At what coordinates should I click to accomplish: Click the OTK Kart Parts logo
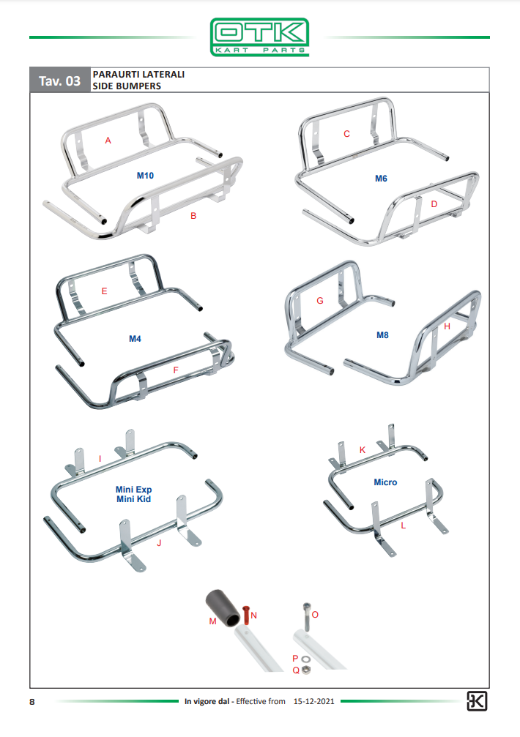[259, 37]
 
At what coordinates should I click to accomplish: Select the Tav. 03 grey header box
[60, 81]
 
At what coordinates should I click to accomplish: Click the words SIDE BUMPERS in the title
[127, 86]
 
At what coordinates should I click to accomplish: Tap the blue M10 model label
[145, 176]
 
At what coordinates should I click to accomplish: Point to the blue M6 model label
[381, 179]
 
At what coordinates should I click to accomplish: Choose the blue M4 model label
[135, 339]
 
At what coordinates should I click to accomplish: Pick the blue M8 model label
[382, 335]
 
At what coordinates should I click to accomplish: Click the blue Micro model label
[385, 482]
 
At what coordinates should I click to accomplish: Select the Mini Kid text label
[133, 499]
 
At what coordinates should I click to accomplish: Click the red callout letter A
[108, 141]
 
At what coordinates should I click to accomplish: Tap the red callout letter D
[434, 204]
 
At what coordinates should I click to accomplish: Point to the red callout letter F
[176, 370]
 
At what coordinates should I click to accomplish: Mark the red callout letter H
[447, 326]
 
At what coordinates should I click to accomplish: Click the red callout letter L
[404, 526]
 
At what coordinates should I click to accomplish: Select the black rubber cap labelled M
[223, 607]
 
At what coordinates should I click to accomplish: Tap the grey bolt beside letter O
[307, 617]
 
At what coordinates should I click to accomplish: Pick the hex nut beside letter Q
[305, 670]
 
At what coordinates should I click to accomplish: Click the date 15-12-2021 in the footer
[314, 701]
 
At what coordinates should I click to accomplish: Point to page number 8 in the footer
[32, 702]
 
